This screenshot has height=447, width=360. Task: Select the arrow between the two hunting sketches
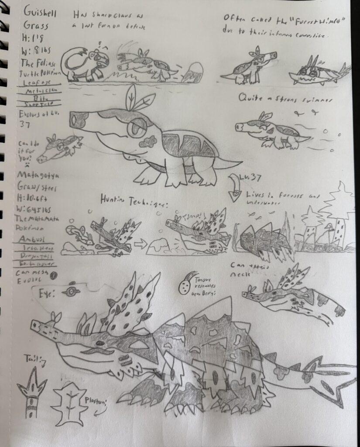click(x=140, y=244)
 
